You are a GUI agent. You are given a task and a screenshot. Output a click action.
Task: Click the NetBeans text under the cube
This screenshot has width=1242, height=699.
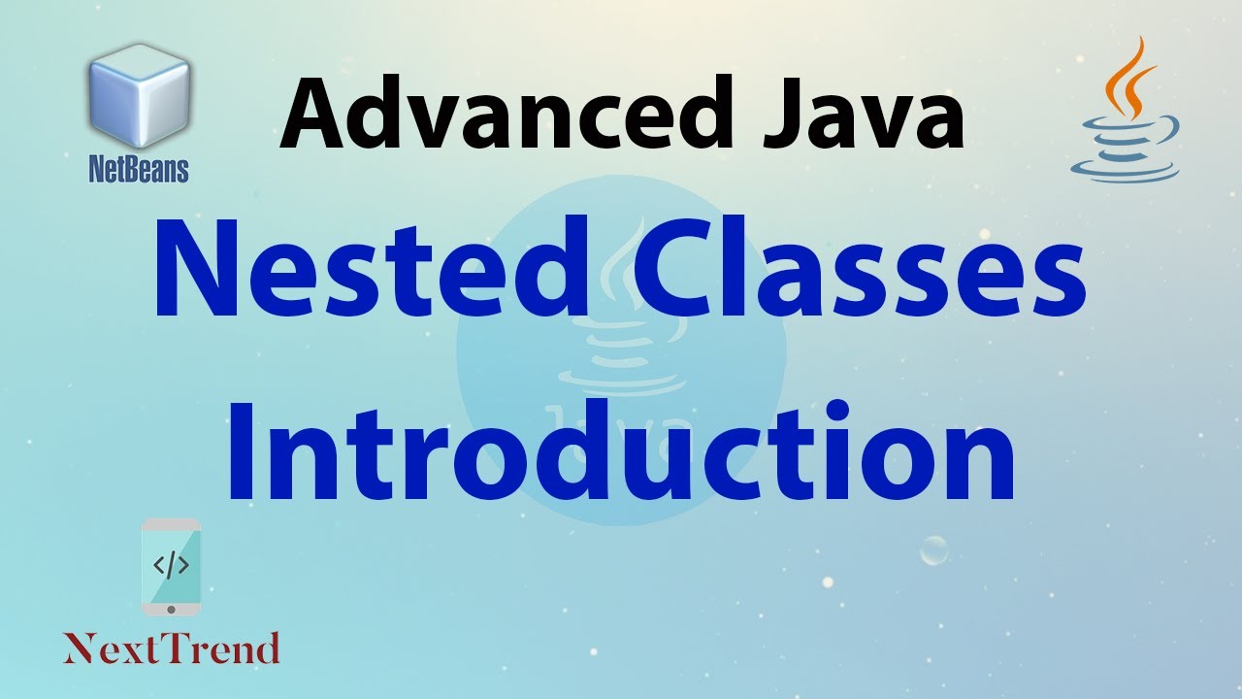139,170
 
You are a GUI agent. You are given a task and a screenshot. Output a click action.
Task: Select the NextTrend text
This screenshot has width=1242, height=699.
172,648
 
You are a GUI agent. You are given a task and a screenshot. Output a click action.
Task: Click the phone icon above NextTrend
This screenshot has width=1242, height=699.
171,566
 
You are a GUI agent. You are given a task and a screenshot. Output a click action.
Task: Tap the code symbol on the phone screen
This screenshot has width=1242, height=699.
171,564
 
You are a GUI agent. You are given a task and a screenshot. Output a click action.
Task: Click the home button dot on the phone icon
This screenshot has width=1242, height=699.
171,609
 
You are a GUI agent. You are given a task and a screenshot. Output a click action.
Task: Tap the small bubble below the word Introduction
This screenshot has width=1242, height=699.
933,550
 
